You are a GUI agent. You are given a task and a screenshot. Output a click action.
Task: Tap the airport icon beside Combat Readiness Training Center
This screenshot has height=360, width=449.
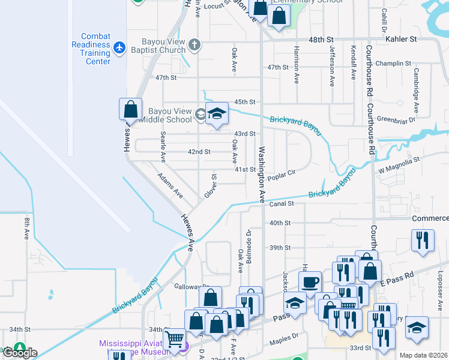[119, 47]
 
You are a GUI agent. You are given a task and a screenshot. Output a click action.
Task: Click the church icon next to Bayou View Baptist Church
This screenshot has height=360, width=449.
[194, 44]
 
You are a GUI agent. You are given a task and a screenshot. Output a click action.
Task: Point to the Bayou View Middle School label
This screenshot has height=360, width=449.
[161, 115]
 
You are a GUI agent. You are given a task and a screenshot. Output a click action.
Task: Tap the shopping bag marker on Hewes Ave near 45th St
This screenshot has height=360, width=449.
[130, 110]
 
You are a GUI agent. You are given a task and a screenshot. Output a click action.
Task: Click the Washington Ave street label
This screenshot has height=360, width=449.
[262, 174]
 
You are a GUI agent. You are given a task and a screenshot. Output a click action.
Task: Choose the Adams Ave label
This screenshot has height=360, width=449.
[170, 185]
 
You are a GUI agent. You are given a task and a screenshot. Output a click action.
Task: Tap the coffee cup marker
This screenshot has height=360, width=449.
[310, 281]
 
